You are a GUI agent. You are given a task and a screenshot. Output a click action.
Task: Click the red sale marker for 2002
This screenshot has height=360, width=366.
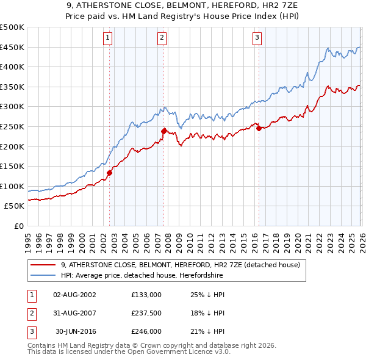point(109,173)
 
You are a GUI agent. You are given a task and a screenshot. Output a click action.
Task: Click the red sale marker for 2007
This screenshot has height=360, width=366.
point(164,131)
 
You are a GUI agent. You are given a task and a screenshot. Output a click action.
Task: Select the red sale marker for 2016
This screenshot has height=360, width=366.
point(259,128)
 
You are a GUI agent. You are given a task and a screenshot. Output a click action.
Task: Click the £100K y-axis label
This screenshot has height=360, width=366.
point(12,186)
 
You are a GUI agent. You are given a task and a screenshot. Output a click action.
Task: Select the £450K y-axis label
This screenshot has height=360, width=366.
point(12,47)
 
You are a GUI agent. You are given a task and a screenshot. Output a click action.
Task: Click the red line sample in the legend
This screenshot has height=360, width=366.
point(43,265)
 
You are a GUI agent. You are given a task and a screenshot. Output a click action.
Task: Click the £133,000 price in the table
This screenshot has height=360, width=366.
point(146,295)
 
